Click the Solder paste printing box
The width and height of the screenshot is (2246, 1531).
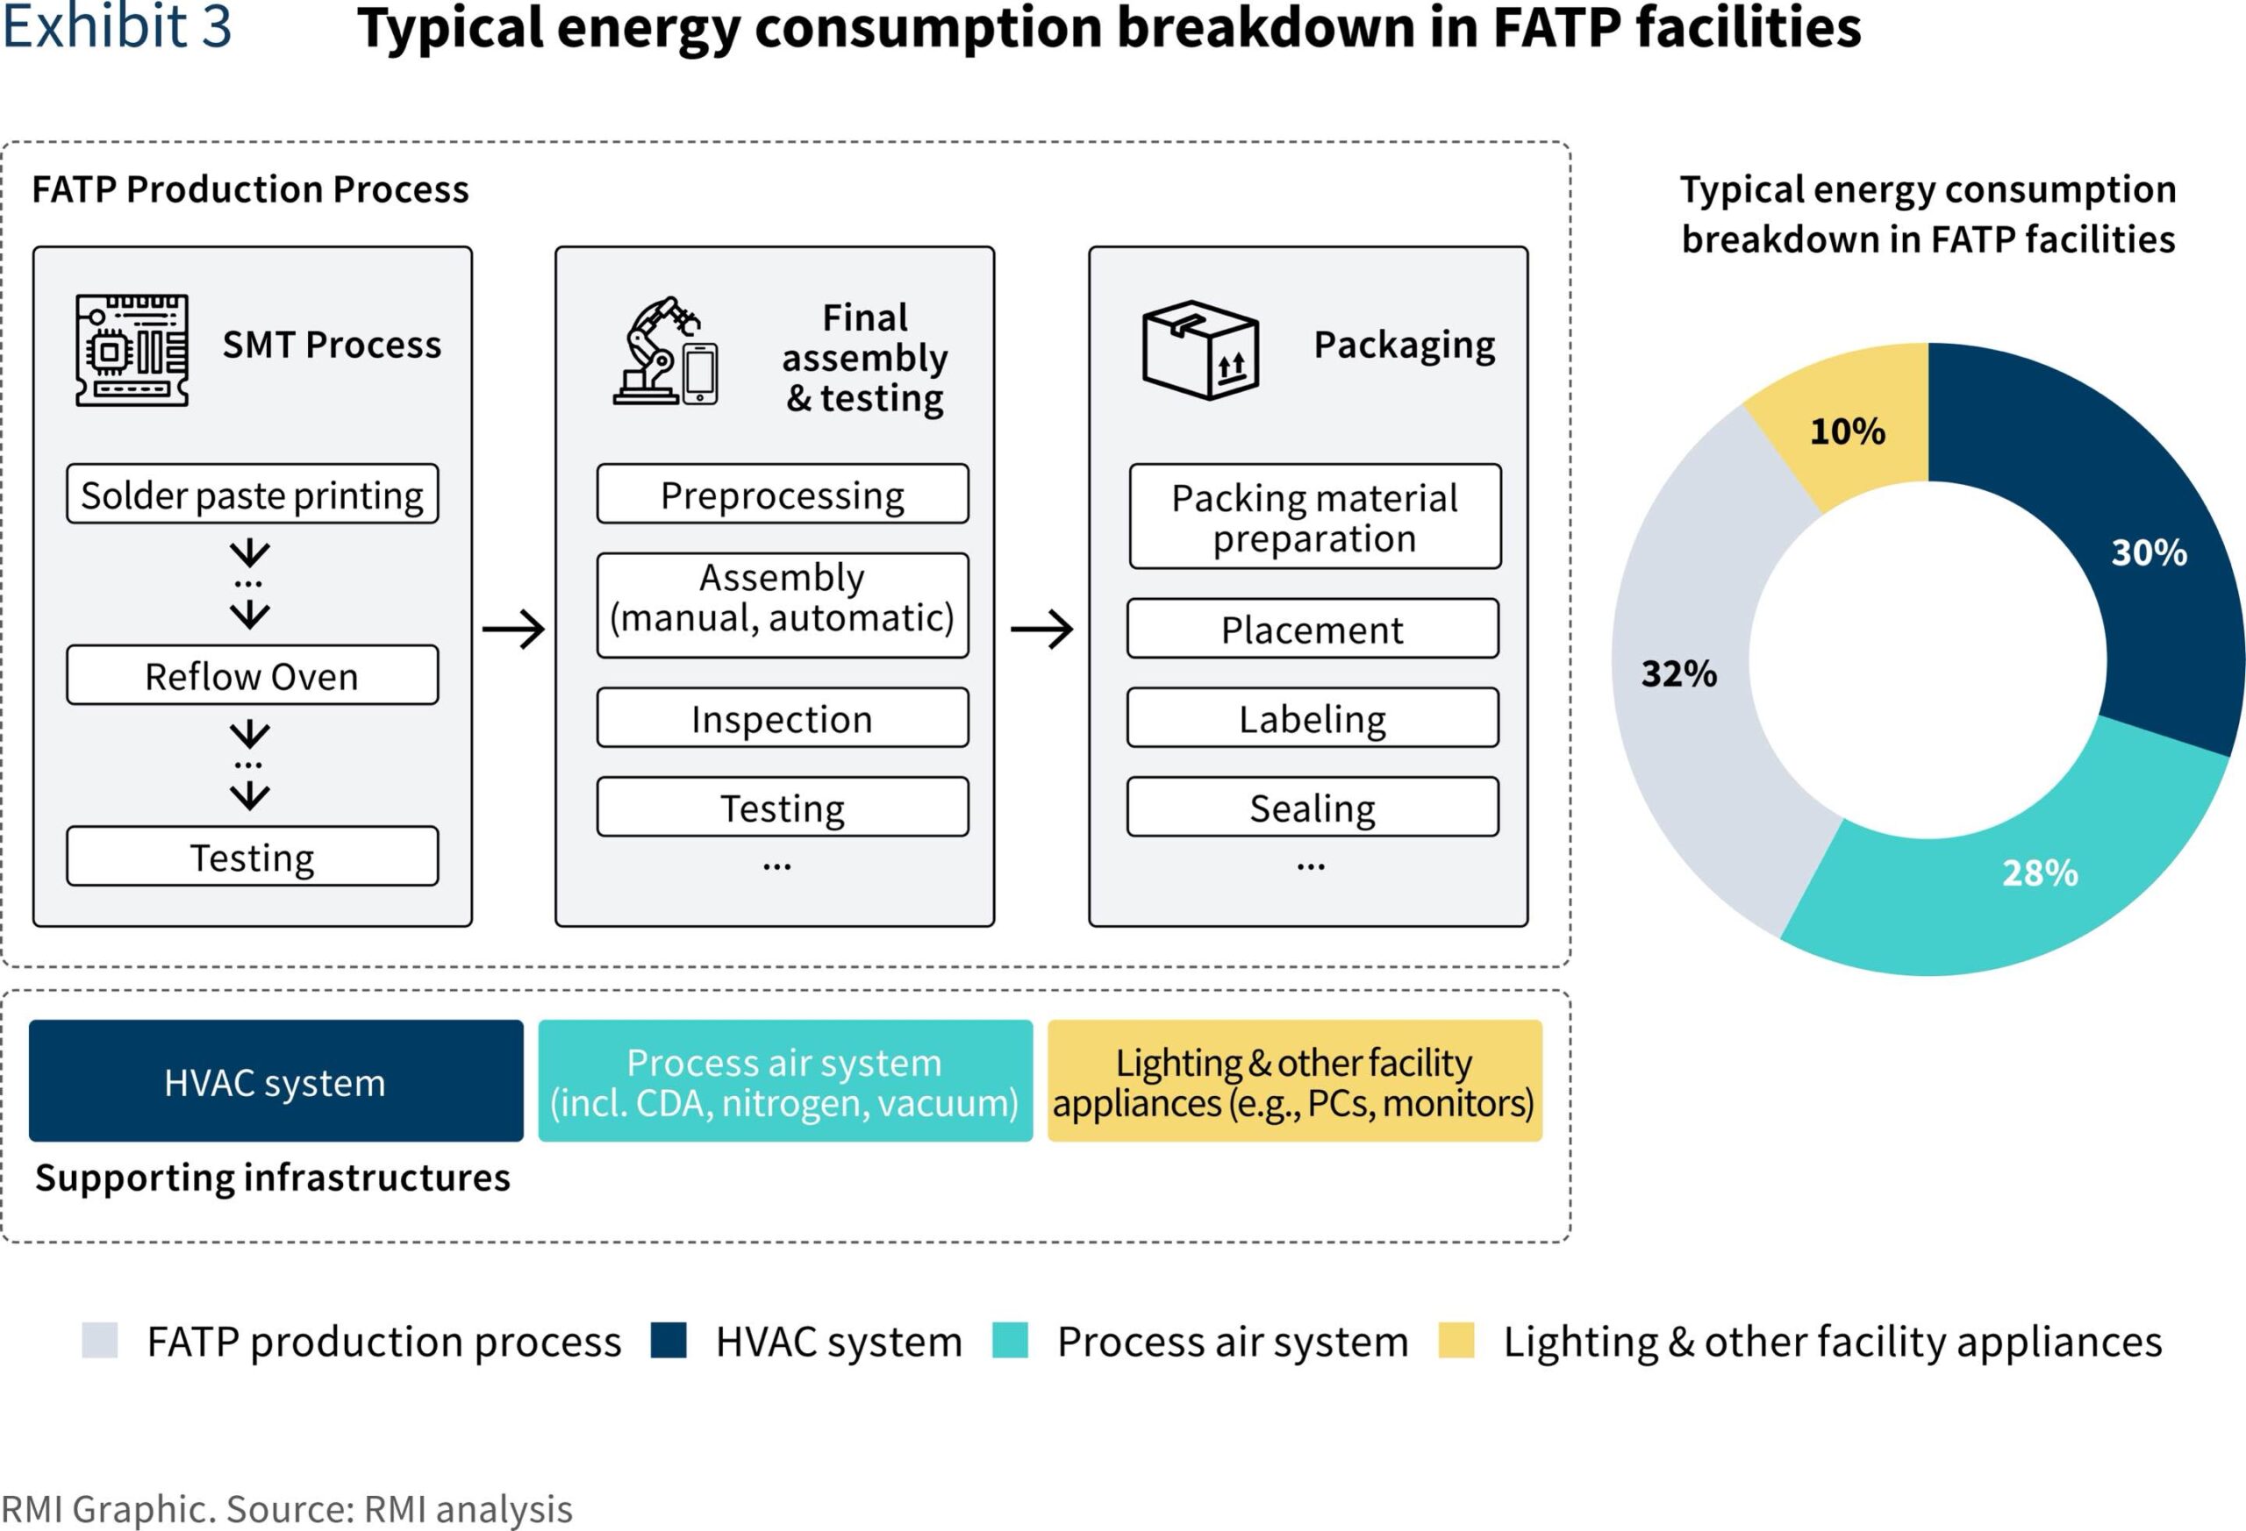[253, 494]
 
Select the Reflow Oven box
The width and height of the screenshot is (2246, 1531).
[253, 675]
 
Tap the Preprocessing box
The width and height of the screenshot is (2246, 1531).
[783, 494]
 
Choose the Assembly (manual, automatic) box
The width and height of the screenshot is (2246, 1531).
[783, 606]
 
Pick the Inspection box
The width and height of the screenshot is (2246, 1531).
[783, 717]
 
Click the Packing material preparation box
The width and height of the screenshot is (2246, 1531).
[1315, 516]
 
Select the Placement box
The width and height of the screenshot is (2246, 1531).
[1313, 629]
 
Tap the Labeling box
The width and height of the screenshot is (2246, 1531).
[1313, 717]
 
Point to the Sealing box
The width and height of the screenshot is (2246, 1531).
[1313, 807]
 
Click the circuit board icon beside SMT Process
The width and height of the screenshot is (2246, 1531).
[132, 350]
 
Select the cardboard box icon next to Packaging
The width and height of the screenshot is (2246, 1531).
[1200, 350]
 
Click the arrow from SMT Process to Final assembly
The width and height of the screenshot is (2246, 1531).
[513, 630]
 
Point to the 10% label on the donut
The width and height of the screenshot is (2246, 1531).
[1847, 431]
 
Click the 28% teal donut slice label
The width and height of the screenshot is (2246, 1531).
[2039, 872]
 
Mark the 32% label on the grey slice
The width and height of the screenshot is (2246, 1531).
[1678, 673]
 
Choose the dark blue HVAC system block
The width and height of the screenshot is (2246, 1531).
[276, 1081]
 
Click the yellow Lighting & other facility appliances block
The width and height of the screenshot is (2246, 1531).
[1295, 1081]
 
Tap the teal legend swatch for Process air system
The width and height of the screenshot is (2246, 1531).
[1010, 1341]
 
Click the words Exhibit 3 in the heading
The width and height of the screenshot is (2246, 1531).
[117, 26]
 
